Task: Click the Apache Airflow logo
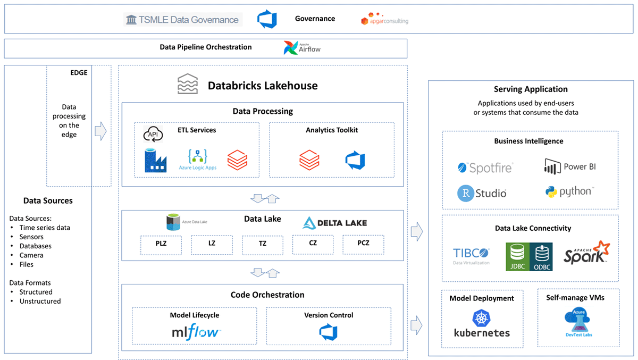[x=302, y=48]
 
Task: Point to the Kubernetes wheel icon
[x=481, y=318]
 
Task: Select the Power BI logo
[x=570, y=166]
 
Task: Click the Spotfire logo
[x=485, y=168]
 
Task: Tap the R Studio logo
[x=482, y=193]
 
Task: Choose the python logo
[x=569, y=191]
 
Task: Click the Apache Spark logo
[x=586, y=253]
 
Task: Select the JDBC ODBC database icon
[x=529, y=256]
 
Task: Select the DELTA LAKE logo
[x=334, y=223]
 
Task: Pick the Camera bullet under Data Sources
[x=31, y=255]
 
